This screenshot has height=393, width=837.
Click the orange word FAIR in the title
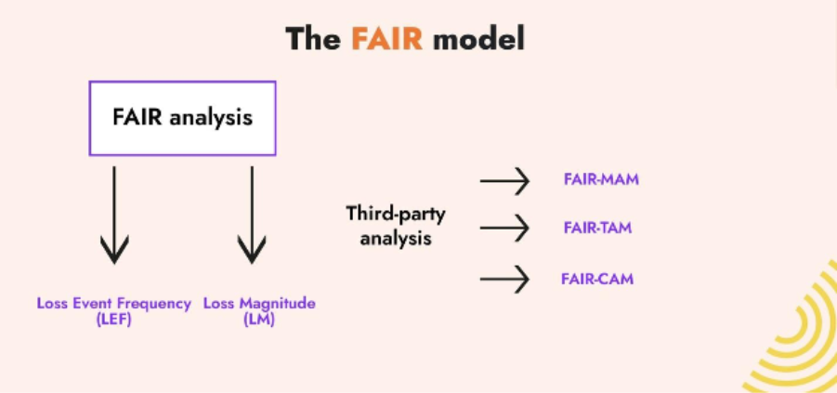tap(387, 39)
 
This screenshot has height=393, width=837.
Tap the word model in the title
tap(478, 39)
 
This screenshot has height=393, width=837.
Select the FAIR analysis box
tap(182, 118)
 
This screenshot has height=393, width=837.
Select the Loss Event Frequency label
tap(114, 303)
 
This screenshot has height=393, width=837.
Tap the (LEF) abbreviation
tap(114, 319)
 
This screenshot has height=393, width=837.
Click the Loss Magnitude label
tap(259, 303)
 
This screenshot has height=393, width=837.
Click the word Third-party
tap(396, 215)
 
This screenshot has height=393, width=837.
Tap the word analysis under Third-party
tap(396, 239)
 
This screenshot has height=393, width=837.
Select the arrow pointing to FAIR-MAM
tap(504, 180)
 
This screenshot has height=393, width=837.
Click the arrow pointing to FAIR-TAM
tap(504, 228)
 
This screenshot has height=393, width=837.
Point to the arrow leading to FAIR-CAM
tap(504, 278)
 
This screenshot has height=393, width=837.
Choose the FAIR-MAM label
tap(601, 179)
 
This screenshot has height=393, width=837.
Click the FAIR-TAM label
tap(597, 228)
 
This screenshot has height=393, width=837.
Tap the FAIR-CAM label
tap(597, 278)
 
